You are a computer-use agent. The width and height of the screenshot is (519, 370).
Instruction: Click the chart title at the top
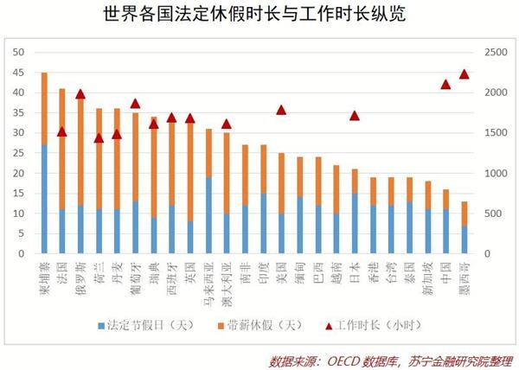point(259,16)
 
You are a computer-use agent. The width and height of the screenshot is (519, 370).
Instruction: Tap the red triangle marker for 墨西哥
point(464,74)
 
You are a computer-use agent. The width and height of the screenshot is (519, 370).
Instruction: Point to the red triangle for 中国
point(445,84)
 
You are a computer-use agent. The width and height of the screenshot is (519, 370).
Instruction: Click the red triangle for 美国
point(281,110)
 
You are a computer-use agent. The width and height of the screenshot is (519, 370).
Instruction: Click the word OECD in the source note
point(347,357)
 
